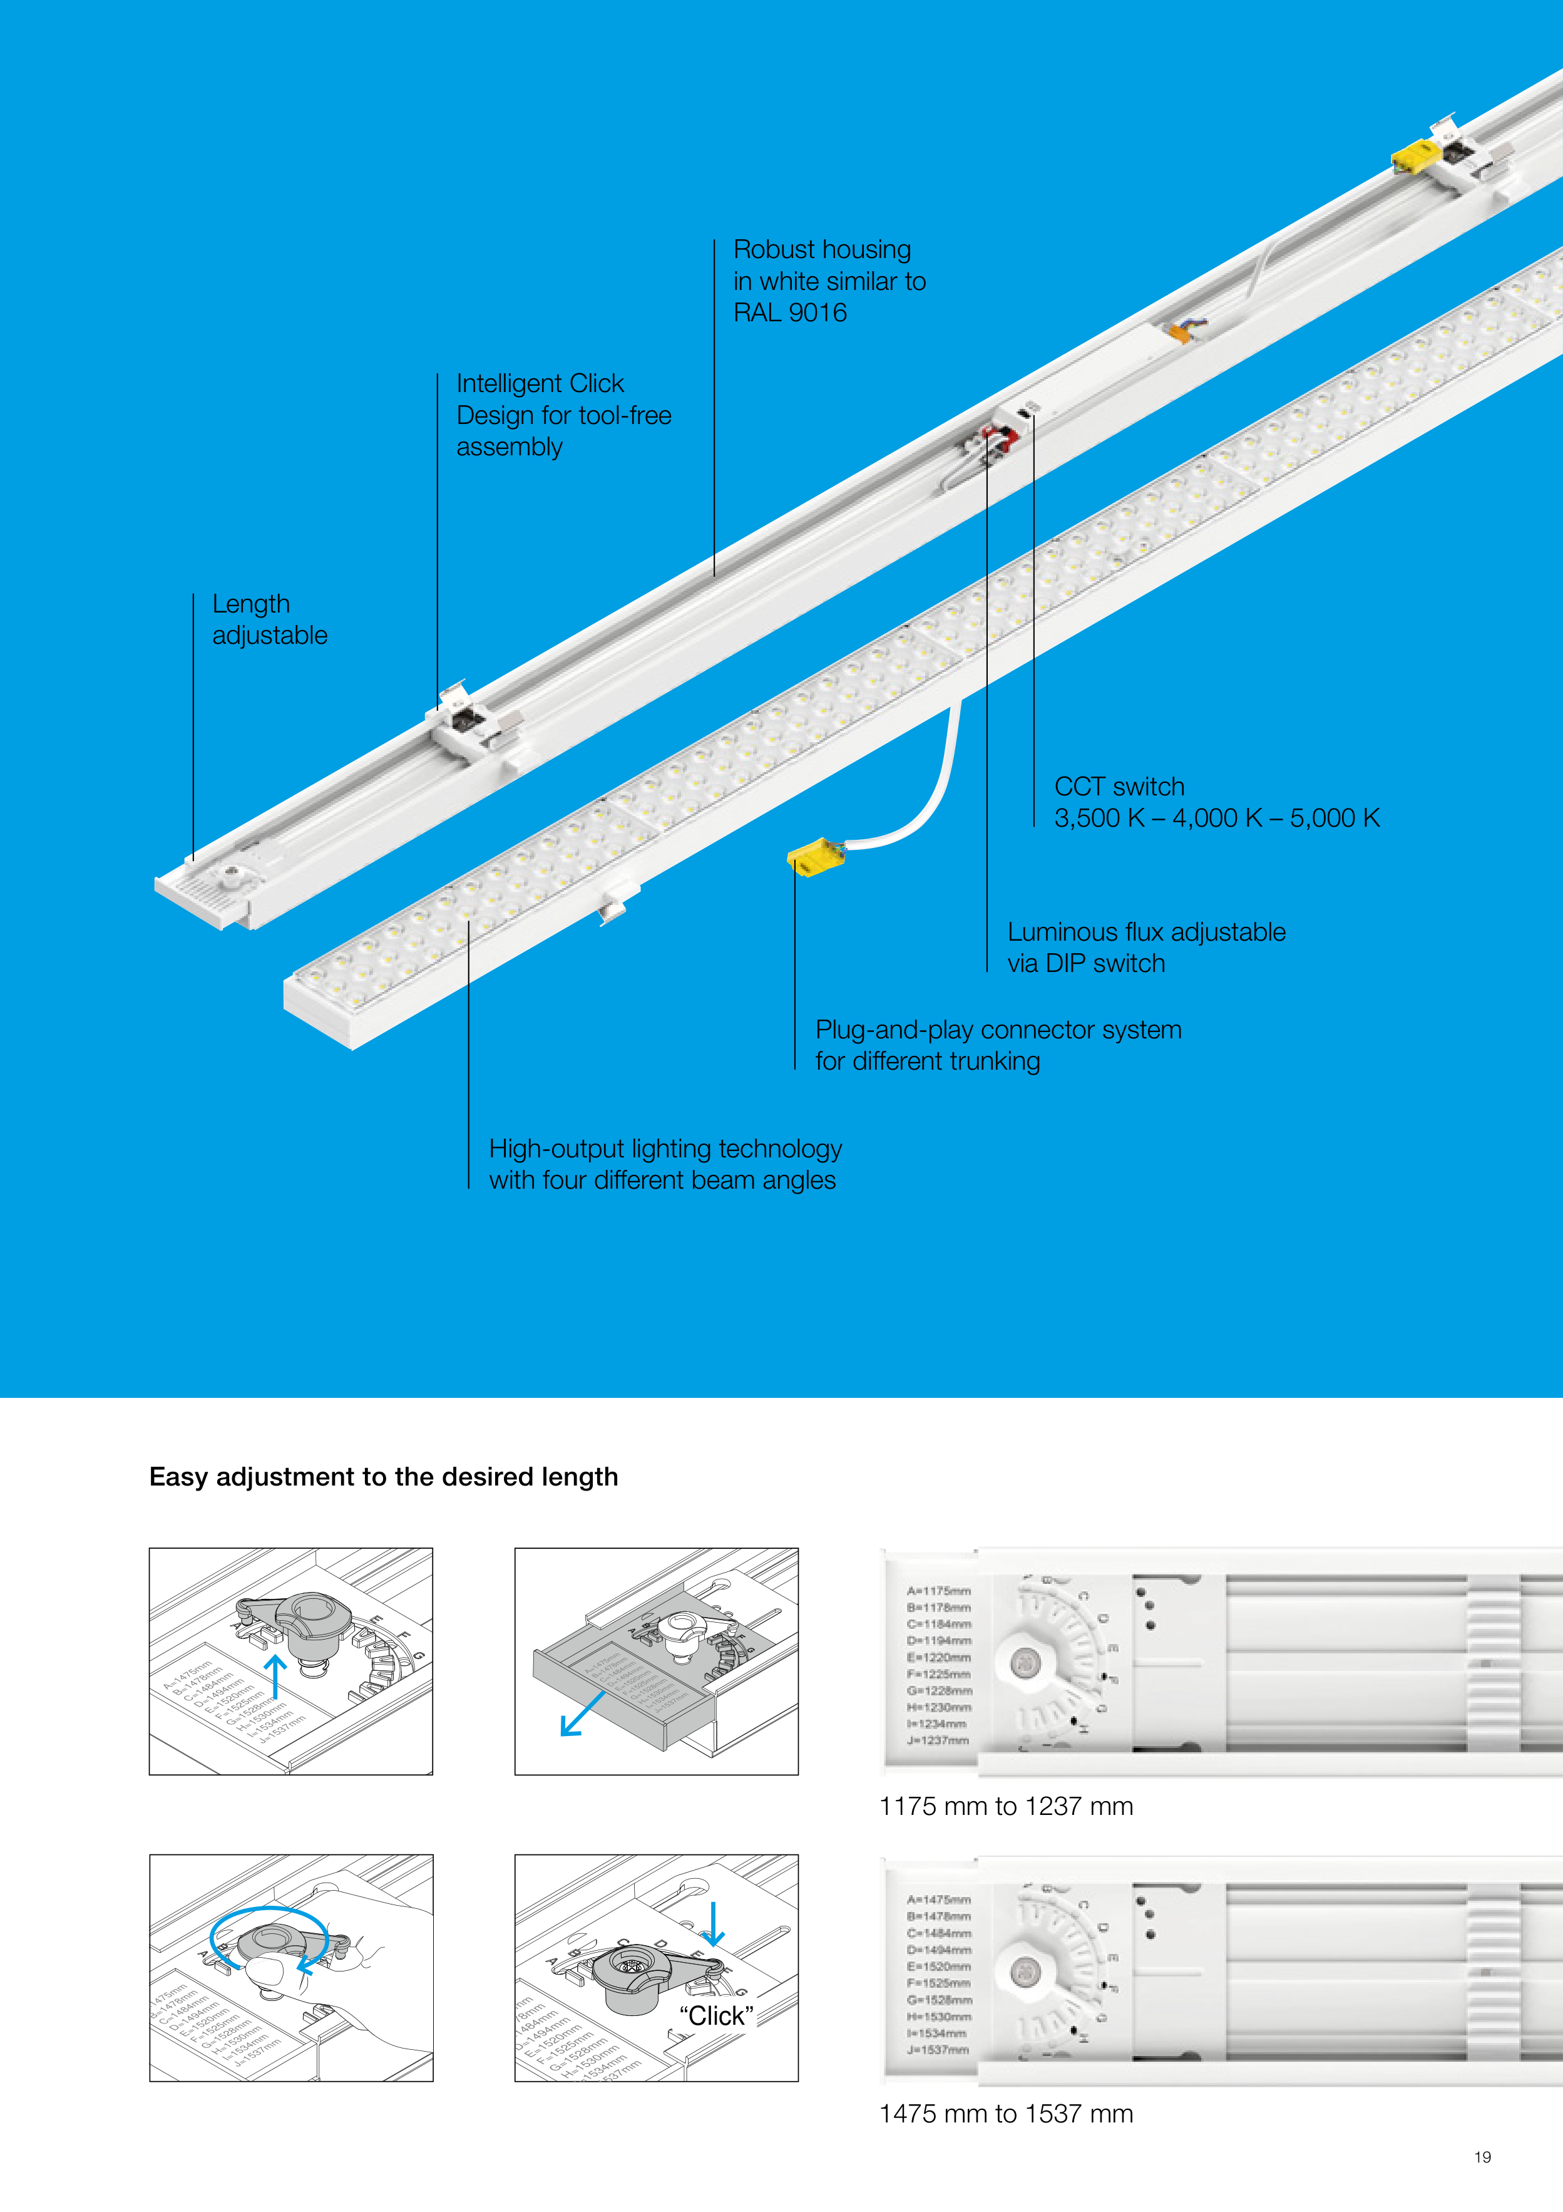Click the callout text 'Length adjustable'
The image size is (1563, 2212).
(x=270, y=619)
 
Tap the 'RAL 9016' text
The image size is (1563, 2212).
(x=790, y=313)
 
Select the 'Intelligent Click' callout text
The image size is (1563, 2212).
(x=540, y=383)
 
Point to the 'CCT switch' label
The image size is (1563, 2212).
(x=1119, y=787)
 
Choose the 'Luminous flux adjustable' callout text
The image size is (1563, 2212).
(x=1146, y=933)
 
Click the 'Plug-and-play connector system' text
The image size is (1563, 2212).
(x=998, y=1030)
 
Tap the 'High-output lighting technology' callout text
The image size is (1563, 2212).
(x=665, y=1149)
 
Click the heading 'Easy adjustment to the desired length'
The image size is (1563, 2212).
(x=383, y=1477)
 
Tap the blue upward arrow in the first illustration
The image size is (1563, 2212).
(x=275, y=1677)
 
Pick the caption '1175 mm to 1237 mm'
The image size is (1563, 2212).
(x=1005, y=1806)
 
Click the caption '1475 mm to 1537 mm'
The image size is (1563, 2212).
(x=1005, y=2114)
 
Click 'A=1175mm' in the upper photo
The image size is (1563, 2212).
(x=938, y=1591)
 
